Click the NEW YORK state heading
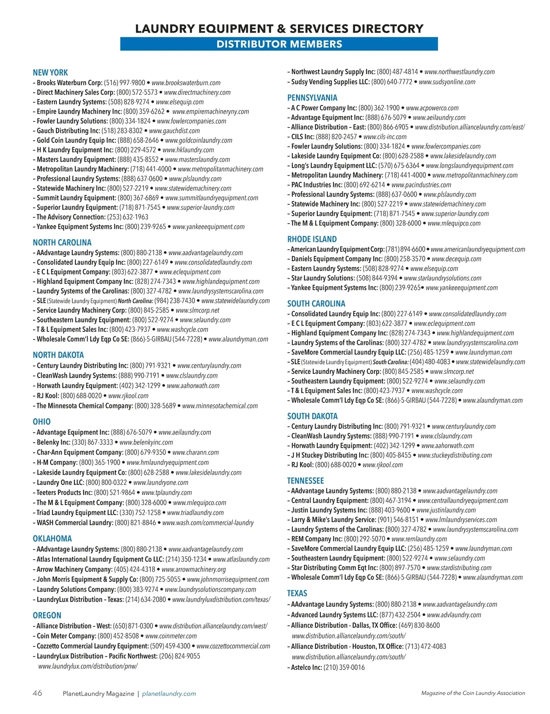[x=50, y=72]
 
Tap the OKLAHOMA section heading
[x=52, y=538]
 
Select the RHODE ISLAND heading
[x=312, y=239]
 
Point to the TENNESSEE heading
[x=305, y=481]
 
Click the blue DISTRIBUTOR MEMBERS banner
[x=279, y=44]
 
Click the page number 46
[x=37, y=693]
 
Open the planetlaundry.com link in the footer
[x=169, y=693]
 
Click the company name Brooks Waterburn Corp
[x=69, y=83]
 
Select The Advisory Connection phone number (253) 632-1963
[x=127, y=217]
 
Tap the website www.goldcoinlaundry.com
[x=198, y=140]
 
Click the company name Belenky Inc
[x=53, y=442]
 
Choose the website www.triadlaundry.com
[x=195, y=512]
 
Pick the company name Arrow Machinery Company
[x=74, y=569]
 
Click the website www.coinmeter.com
[x=170, y=636]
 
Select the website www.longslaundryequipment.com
[x=469, y=165]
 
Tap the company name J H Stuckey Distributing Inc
[x=330, y=455]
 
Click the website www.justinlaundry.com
[x=445, y=510]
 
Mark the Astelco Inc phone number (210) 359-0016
[x=344, y=667]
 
